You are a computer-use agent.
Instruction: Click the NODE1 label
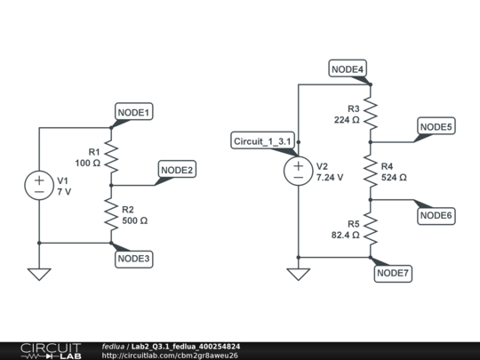coord(134,112)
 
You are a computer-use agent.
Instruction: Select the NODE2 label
coord(177,170)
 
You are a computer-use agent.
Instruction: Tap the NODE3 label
coord(134,258)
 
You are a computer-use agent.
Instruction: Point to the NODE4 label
coord(348,69)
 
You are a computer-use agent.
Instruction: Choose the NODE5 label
coord(436,127)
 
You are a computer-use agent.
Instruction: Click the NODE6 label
coord(436,215)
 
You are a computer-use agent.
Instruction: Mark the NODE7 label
coord(392,273)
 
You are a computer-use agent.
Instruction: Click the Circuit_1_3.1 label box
coord(260,141)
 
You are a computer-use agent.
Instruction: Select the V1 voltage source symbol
coord(39,185)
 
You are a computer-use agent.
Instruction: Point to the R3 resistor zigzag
coord(371,113)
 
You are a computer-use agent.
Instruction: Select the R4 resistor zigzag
coord(371,171)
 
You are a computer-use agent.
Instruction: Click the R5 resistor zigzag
coord(371,228)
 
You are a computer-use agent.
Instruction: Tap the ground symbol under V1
coord(39,274)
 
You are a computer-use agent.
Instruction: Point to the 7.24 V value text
coord(330,178)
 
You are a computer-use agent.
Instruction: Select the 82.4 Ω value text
coord(344,236)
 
